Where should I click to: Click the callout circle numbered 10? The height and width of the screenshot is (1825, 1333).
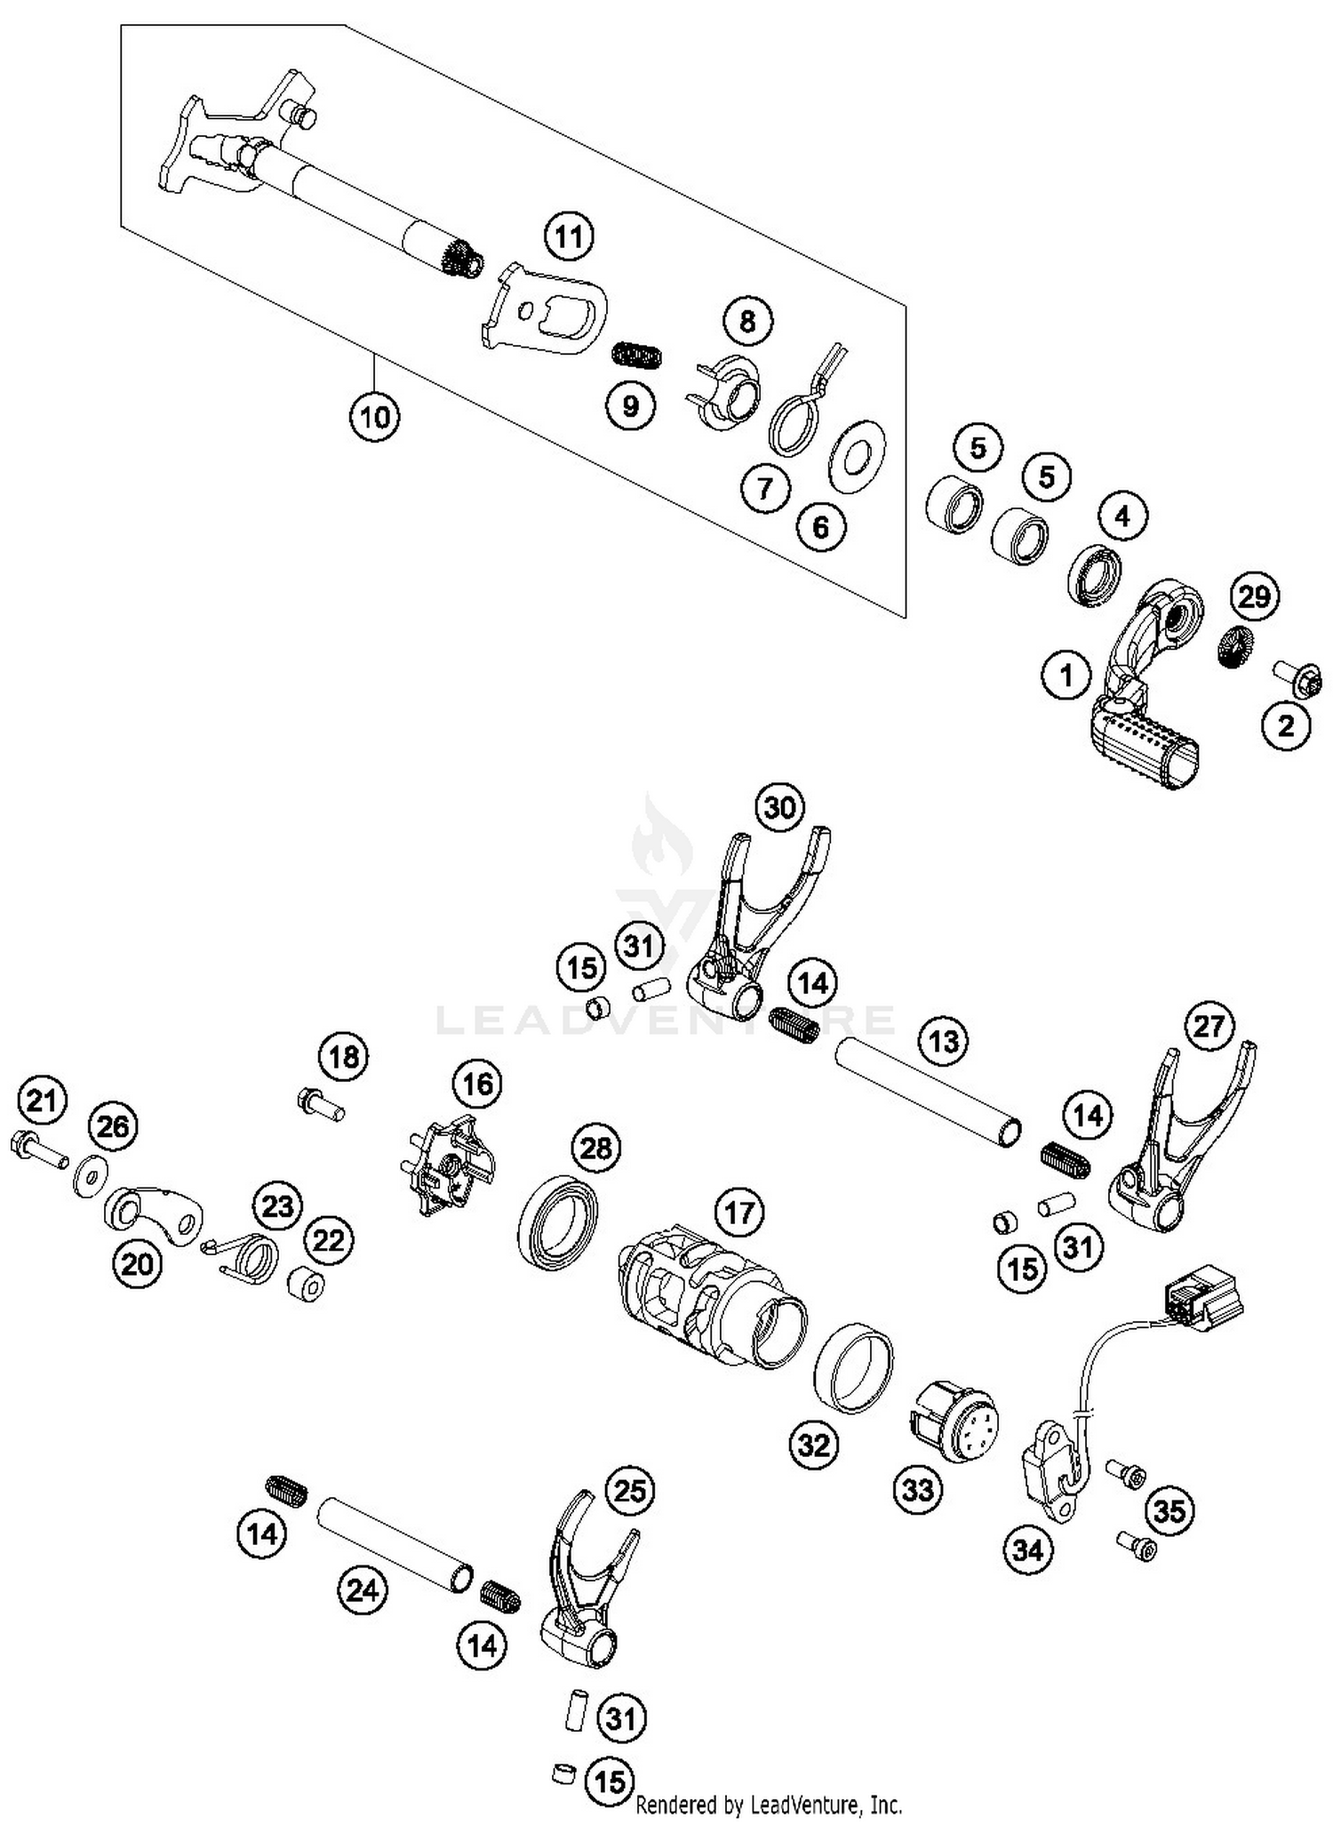374,416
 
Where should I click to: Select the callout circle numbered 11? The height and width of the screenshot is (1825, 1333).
569,237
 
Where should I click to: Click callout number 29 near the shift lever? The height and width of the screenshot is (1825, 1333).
1254,596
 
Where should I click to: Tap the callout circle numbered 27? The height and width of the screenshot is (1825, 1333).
1209,1027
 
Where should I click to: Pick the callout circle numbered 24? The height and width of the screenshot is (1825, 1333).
363,1589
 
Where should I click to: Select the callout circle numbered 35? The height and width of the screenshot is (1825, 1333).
1169,1510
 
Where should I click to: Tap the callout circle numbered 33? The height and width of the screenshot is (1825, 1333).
918,1489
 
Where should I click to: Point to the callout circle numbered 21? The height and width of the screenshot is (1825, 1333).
42,1101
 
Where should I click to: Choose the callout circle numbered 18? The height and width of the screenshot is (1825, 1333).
344,1057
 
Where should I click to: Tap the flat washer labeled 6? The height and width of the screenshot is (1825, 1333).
857,457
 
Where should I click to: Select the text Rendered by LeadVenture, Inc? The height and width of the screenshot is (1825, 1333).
770,1805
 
